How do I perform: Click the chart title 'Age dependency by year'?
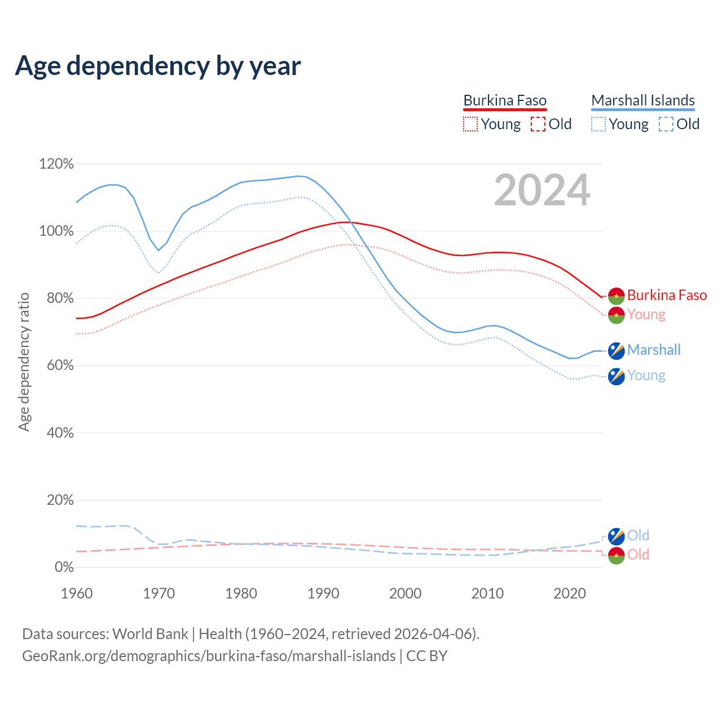[x=158, y=65]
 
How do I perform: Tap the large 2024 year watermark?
[x=542, y=190]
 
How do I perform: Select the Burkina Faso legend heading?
[x=505, y=100]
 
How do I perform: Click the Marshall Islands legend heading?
[x=643, y=100]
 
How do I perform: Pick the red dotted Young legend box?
[x=470, y=124]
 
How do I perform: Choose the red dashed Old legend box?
[x=538, y=124]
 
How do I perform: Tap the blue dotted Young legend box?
[x=598, y=124]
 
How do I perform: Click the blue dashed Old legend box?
[x=666, y=124]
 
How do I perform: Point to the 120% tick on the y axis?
[x=56, y=164]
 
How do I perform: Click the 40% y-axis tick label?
[x=59, y=433]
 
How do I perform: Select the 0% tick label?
[x=64, y=567]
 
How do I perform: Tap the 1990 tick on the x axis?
[x=323, y=593]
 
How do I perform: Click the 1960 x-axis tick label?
[x=77, y=593]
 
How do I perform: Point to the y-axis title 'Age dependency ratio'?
[x=24, y=362]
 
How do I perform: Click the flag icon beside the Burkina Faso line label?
[x=617, y=296]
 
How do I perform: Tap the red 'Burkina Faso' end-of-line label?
[x=667, y=296]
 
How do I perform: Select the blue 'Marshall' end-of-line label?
[x=654, y=350]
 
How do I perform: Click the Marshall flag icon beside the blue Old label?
[x=617, y=536]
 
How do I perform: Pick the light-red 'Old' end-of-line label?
[x=638, y=555]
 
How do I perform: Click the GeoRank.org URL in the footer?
[x=209, y=656]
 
